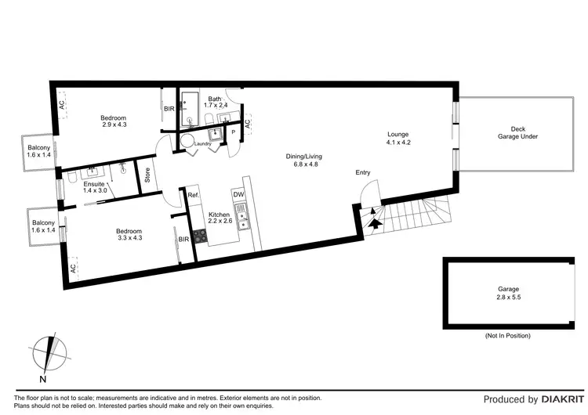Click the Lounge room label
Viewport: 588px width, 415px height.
tap(399, 138)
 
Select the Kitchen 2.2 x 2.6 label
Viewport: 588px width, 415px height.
tap(220, 218)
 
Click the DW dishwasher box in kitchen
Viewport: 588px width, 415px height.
tap(238, 194)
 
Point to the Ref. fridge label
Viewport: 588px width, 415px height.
tap(193, 195)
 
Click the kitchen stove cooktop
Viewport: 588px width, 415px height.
tap(199, 234)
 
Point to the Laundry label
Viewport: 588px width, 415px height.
tap(204, 143)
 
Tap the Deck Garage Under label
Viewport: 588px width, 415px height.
tap(517, 132)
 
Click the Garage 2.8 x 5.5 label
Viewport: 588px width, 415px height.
tap(508, 294)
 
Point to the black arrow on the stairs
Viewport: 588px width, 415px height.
tap(376, 222)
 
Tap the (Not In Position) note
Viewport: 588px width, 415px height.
tap(508, 335)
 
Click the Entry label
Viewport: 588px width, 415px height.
tap(363, 173)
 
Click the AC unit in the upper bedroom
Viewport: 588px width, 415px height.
tap(61, 100)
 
